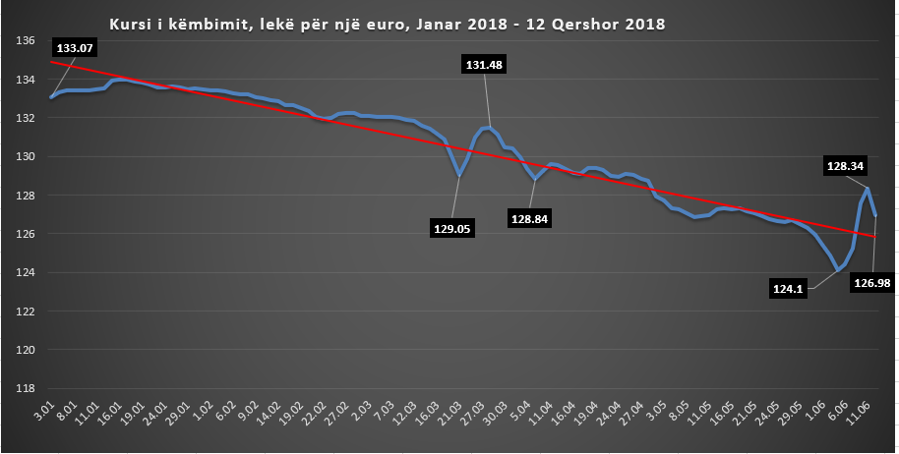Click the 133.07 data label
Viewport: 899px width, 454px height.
point(82,47)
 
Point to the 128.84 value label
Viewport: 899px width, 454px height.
point(530,217)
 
